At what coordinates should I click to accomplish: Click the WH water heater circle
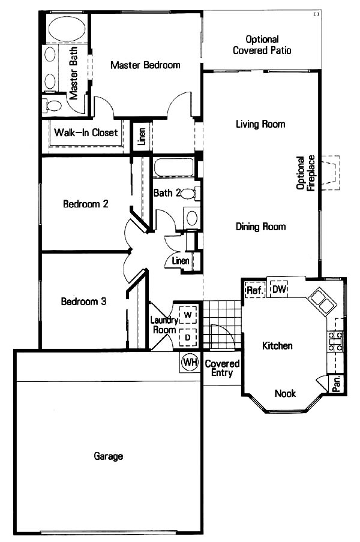tap(190, 362)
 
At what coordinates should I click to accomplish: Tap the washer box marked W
tap(188, 315)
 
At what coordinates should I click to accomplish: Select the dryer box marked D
tap(188, 337)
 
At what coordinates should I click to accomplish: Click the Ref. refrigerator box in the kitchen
tap(254, 290)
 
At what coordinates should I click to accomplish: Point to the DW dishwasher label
tap(279, 289)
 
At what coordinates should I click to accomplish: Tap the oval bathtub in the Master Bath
tap(67, 29)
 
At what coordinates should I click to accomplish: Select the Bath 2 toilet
tap(190, 194)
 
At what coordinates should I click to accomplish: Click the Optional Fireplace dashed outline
tap(331, 173)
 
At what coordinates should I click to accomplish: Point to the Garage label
tap(108, 456)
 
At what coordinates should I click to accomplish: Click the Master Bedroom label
tap(145, 65)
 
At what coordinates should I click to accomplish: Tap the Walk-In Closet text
tap(86, 133)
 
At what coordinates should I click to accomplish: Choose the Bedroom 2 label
tap(85, 204)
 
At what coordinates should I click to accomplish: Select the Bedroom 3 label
tap(83, 302)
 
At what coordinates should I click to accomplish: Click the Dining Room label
tap(261, 227)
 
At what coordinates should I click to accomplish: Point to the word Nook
tap(285, 393)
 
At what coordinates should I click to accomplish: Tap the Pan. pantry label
tap(336, 384)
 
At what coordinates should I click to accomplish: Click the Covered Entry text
tap(222, 368)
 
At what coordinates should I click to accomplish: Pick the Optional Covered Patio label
tap(262, 45)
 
